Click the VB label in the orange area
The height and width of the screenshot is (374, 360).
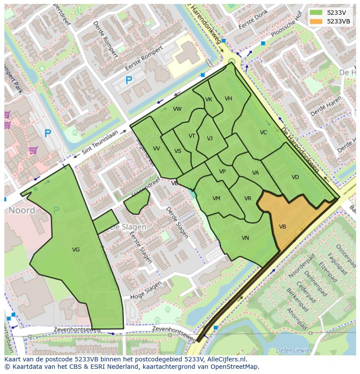coord(282,227)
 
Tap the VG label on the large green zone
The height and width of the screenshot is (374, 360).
coord(76,249)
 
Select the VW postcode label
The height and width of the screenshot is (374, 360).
coord(177,109)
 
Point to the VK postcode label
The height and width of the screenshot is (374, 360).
coord(209,99)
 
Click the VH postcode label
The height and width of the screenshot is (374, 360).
coord(228,99)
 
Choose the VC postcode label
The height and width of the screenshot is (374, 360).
coord(263,132)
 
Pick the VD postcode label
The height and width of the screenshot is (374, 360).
coord(295,177)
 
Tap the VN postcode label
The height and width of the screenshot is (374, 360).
coord(245,238)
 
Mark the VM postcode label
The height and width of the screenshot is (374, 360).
coord(216,199)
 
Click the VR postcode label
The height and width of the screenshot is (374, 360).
coord(247,199)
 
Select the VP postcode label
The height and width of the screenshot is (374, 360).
coord(222,172)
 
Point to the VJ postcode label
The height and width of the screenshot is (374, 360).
coord(210,139)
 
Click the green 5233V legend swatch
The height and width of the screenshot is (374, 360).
coord(316,12)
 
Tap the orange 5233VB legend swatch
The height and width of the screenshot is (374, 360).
coord(316,21)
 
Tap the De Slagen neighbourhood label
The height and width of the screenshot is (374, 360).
coord(128,227)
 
